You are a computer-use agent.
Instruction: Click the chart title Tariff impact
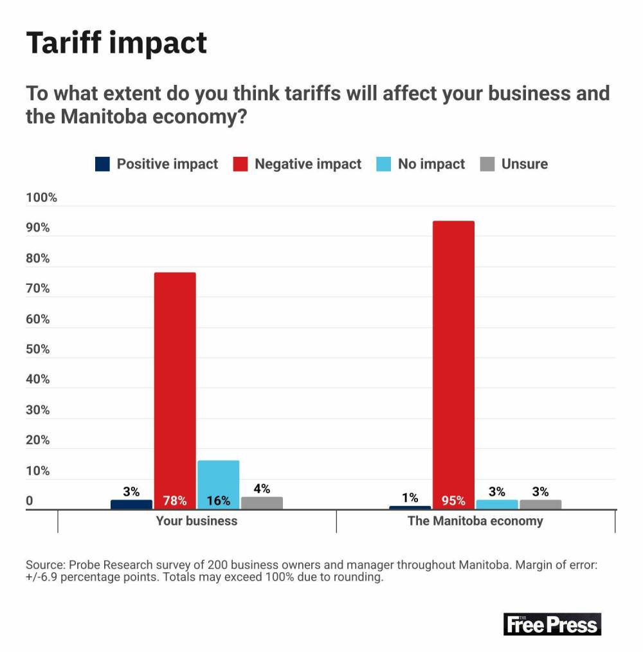(116, 43)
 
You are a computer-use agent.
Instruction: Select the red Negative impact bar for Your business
(175, 386)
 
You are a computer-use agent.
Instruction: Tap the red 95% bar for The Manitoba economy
(453, 360)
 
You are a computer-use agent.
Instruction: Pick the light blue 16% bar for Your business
(218, 482)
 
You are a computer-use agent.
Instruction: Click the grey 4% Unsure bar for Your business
(262, 503)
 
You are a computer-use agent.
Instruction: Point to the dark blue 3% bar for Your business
(131, 504)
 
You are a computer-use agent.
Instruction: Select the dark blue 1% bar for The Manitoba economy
(410, 507)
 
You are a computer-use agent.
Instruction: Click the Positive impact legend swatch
(102, 164)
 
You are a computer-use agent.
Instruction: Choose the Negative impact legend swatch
(240, 164)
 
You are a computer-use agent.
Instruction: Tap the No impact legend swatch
(383, 164)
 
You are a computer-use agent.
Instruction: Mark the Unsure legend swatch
(487, 164)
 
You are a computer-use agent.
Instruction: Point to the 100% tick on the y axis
(42, 198)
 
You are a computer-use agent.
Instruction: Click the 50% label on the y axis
(38, 349)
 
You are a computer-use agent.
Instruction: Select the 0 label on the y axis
(30, 502)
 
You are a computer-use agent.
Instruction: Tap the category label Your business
(197, 521)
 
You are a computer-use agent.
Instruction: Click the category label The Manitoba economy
(475, 521)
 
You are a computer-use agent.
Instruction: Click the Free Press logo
(552, 624)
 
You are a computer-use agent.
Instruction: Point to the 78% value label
(175, 501)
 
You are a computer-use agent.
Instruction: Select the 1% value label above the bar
(410, 498)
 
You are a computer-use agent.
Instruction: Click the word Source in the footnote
(44, 565)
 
